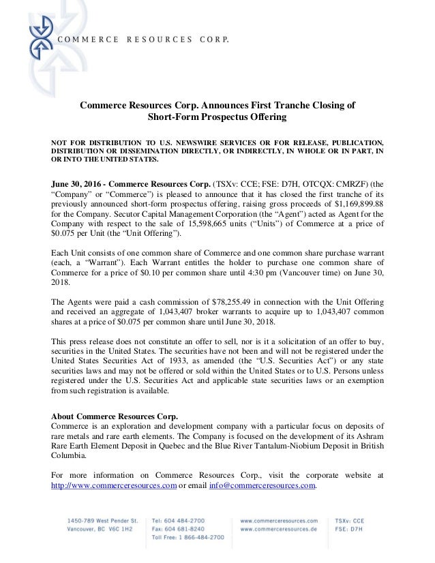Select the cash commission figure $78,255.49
coord(213,301)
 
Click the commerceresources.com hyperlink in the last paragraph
coord(115,485)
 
